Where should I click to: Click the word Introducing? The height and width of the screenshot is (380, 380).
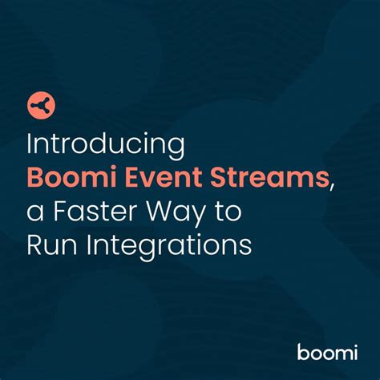107,146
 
